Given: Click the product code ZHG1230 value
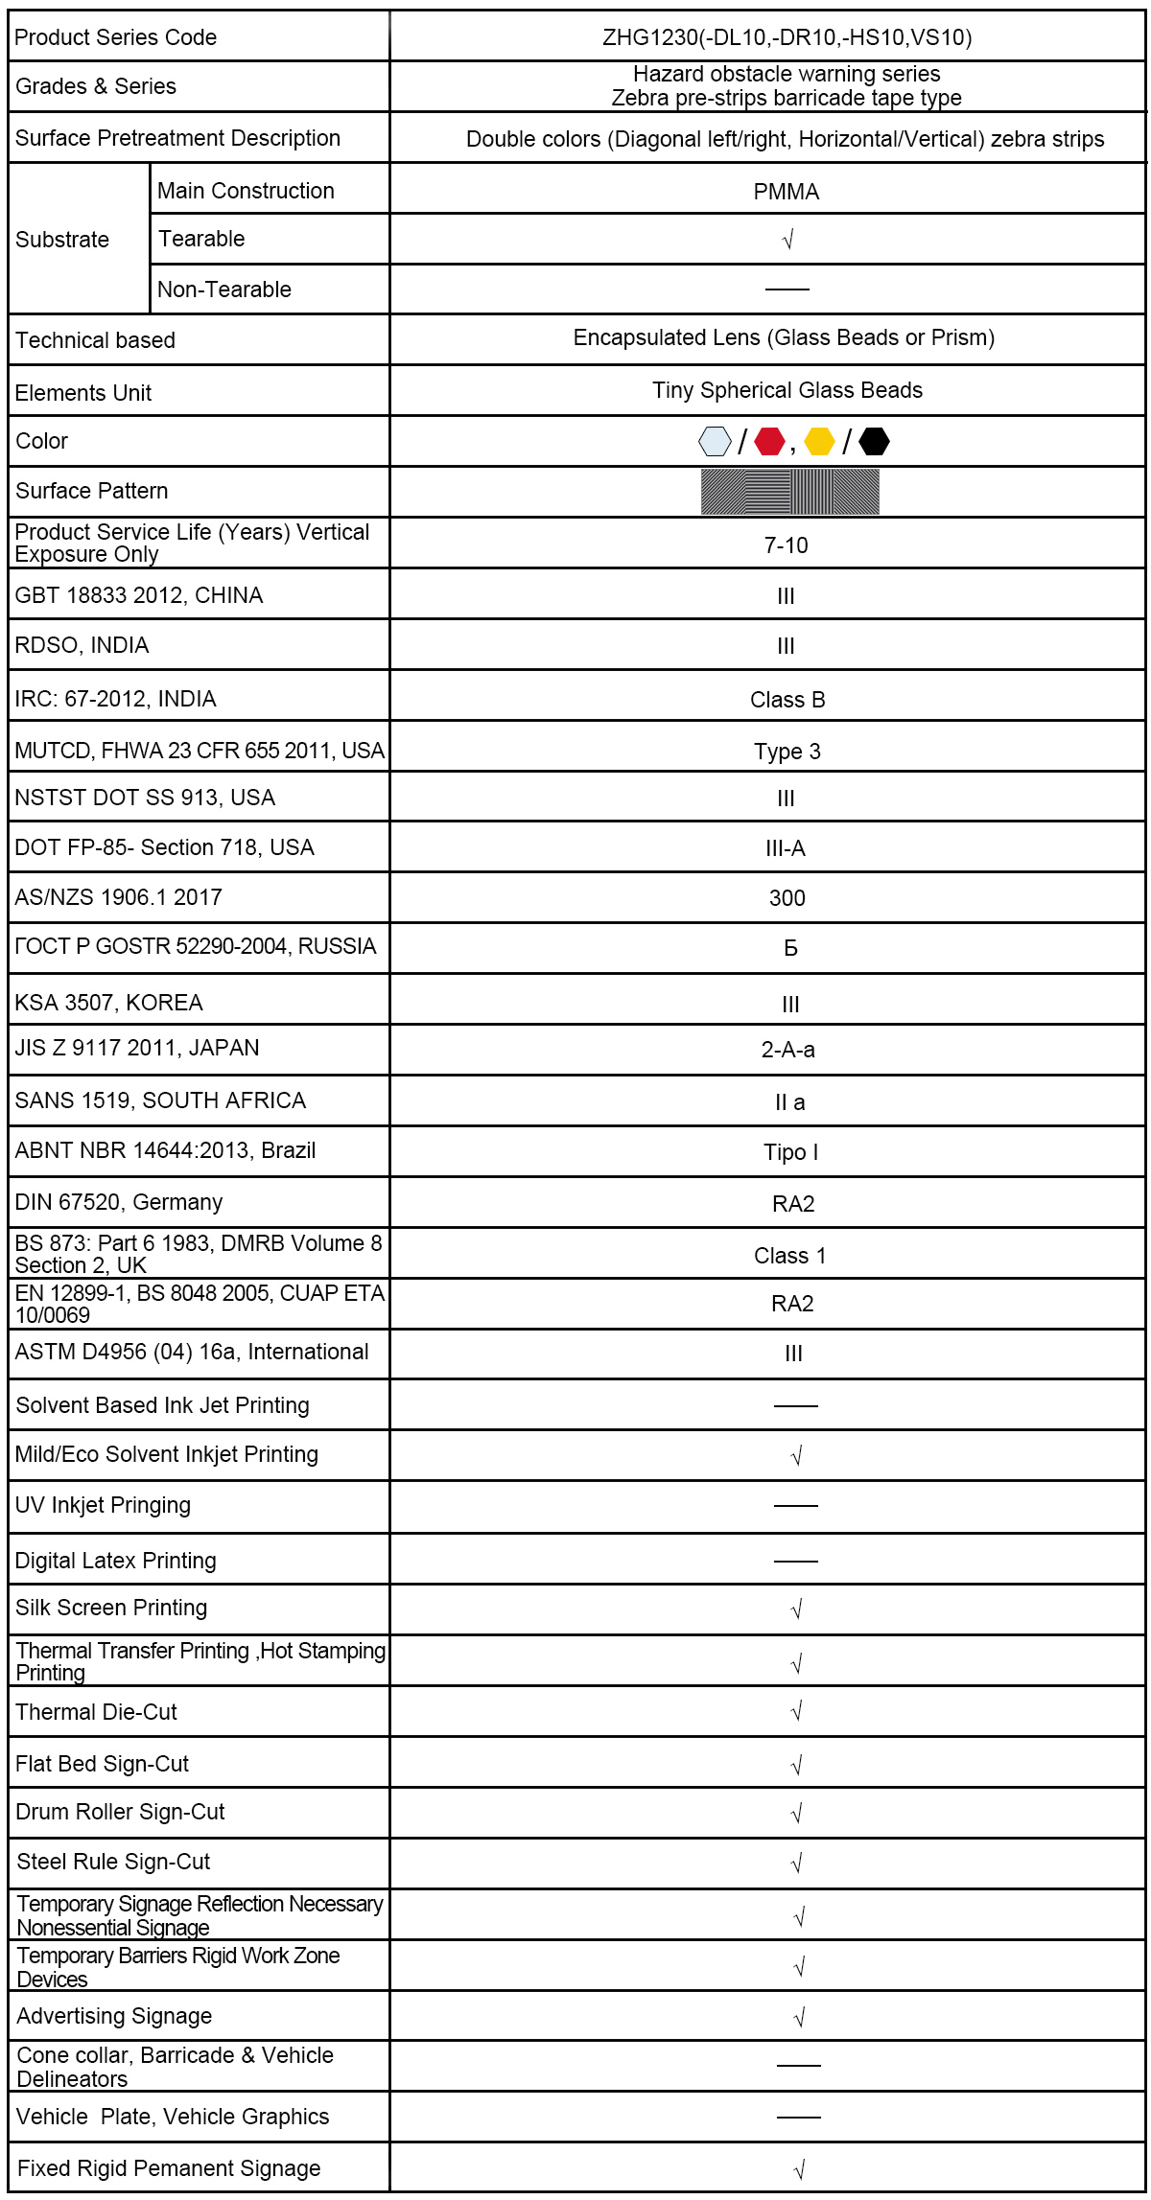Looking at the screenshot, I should [787, 37].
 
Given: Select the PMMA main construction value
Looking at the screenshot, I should [787, 192].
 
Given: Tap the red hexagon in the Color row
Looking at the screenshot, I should [769, 442].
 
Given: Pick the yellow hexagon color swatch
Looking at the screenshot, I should [819, 442].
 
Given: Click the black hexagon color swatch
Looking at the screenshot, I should [874, 442].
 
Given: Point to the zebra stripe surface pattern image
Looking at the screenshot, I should [789, 492].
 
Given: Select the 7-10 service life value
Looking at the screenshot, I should [787, 545].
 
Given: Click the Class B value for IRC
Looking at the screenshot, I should [787, 700].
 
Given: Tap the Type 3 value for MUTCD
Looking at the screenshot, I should [787, 752].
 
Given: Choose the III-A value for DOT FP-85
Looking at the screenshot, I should [786, 848].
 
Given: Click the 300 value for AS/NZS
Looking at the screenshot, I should [787, 898].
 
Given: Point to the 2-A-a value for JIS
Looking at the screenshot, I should [788, 1050].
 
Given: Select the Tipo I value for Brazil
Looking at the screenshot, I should [791, 1152].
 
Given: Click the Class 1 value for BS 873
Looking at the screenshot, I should [790, 1256].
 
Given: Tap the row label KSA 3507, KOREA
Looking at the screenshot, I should [108, 1003].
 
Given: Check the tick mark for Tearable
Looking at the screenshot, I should [787, 240].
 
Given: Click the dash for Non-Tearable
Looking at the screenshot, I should [787, 289].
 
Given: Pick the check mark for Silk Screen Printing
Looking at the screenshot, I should [796, 1609].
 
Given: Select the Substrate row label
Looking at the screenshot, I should [62, 240].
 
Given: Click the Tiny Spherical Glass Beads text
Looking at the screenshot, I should [787, 390].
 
